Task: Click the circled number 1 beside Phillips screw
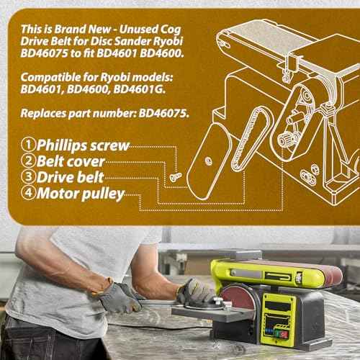(x=28, y=145)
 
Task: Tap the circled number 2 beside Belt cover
(x=28, y=161)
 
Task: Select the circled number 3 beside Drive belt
(x=28, y=176)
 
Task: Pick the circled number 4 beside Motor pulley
(x=28, y=192)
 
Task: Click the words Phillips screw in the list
(x=83, y=145)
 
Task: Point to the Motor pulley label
(x=81, y=194)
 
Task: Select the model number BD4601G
(x=139, y=89)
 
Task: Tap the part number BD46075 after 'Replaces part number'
(x=163, y=113)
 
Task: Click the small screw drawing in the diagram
(x=176, y=176)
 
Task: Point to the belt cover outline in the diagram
(x=210, y=161)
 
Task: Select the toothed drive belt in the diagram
(x=250, y=139)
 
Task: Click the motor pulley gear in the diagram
(x=286, y=139)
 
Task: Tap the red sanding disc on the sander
(x=238, y=297)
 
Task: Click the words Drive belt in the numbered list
(x=71, y=177)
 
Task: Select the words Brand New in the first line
(x=83, y=30)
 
